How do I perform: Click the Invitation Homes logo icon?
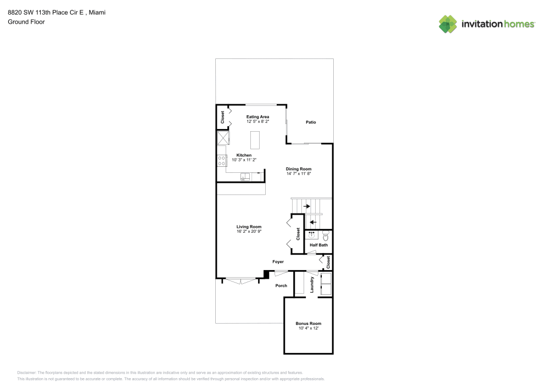[x=448, y=24]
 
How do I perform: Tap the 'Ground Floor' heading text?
[x=26, y=22]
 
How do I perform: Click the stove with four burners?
[x=222, y=161]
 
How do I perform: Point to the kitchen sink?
[x=245, y=176]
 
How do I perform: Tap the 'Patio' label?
[x=311, y=122]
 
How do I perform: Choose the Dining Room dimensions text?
[x=299, y=173]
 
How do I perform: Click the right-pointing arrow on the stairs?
[x=306, y=206]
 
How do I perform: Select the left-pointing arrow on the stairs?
[x=312, y=222]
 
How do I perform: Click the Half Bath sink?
[x=311, y=234]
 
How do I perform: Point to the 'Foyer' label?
[x=278, y=262]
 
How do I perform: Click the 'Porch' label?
[x=281, y=285]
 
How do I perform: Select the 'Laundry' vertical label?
[x=312, y=284]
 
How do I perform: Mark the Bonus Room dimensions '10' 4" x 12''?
[x=308, y=328]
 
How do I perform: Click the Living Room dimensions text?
[x=249, y=231]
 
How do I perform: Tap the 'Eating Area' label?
[x=257, y=116]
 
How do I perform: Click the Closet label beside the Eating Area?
[x=223, y=117]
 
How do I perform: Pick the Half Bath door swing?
[x=312, y=252]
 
